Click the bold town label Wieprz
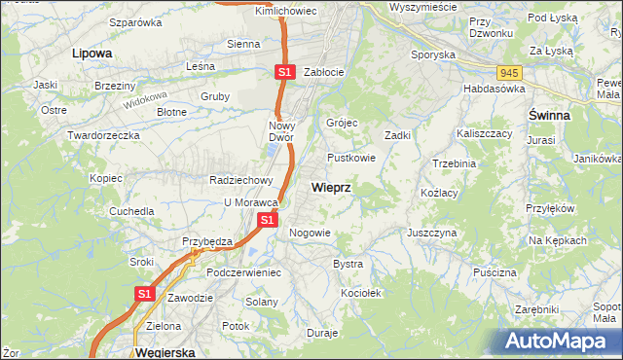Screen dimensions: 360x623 tap(331, 186)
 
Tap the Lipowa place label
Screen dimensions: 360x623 tap(92, 54)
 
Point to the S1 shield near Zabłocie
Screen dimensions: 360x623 tap(283, 72)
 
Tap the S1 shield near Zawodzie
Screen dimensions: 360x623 tap(144, 293)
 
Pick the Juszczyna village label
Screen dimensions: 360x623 tap(432, 234)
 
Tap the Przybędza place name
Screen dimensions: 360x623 tap(205, 241)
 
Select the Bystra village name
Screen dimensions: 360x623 tap(348, 264)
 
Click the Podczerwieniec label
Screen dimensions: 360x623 tap(243, 272)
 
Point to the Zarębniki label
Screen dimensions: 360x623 tap(537, 308)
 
